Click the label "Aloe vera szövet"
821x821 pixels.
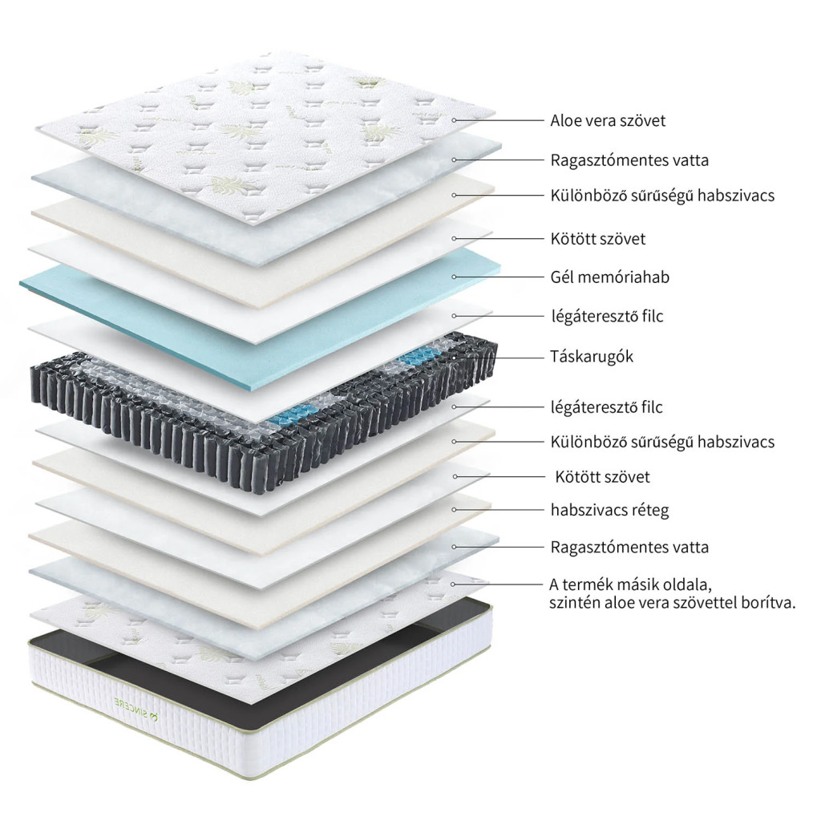pyautogui.click(x=608, y=121)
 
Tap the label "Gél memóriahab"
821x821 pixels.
pyautogui.click(x=609, y=277)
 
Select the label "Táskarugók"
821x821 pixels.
pyautogui.click(x=592, y=357)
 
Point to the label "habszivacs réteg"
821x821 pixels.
pyautogui.click(x=609, y=510)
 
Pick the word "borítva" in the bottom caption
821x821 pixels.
pyautogui.click(x=766, y=603)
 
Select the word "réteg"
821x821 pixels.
pyautogui.click(x=649, y=510)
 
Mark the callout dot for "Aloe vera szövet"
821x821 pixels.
pyautogui.click(x=454, y=120)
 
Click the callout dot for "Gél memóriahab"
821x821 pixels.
pyautogui.click(x=454, y=277)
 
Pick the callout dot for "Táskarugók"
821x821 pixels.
pyautogui.click(x=454, y=356)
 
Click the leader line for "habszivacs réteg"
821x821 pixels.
pyautogui.click(x=497, y=510)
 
